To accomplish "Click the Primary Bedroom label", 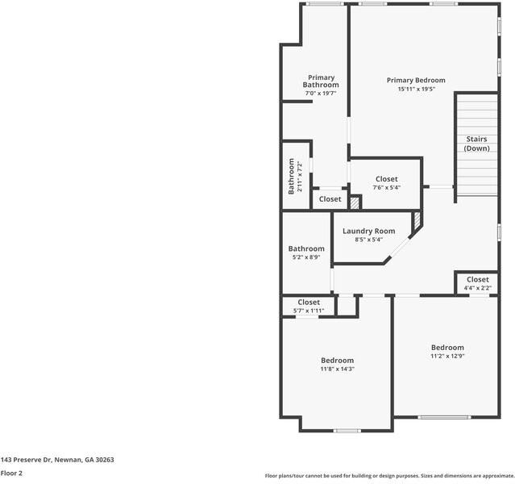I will (415, 80).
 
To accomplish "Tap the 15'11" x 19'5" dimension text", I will (415, 90).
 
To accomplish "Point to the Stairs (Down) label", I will (476, 144).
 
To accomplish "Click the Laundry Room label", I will (368, 231).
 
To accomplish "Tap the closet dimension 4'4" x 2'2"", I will (477, 287).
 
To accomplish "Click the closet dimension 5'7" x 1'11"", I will (308, 311).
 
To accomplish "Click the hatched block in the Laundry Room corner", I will (417, 219).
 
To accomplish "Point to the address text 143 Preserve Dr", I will (57, 459).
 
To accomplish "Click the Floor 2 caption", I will (11, 474).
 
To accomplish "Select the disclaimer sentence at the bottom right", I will (388, 476).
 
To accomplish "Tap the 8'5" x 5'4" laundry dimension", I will (368, 240).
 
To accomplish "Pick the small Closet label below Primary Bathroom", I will (330, 198).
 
